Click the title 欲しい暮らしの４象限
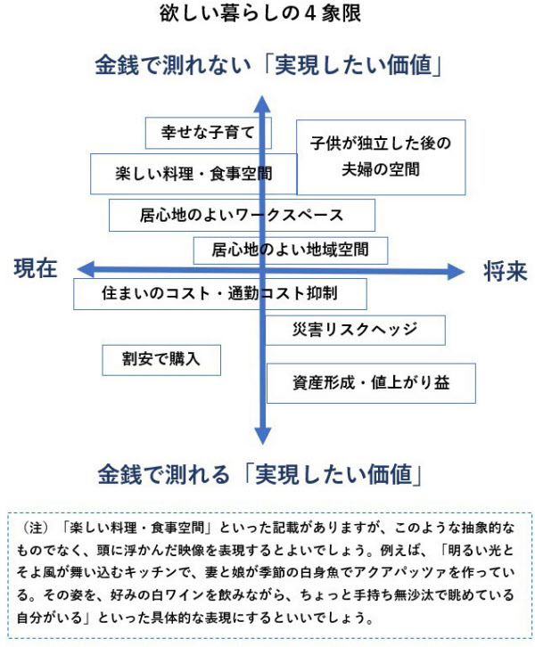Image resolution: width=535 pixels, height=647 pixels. pyautogui.click(x=260, y=13)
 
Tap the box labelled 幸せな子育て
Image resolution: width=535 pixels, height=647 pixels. pyautogui.click(x=208, y=133)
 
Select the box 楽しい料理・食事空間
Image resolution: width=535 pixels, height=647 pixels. pyautogui.click(x=193, y=174)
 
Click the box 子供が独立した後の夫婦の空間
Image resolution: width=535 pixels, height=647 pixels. pyautogui.click(x=381, y=157)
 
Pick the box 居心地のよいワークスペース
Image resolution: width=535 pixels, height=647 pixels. pyautogui.click(x=242, y=215)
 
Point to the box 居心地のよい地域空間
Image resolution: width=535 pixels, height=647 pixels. pyautogui.click(x=291, y=250)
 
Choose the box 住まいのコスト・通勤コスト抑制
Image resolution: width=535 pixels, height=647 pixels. pyautogui.click(x=220, y=294)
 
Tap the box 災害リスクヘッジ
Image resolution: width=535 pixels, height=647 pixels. pyautogui.click(x=355, y=330)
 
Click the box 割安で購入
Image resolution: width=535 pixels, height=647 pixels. pyautogui.click(x=161, y=360)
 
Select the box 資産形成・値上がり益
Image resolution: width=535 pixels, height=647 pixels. pyautogui.click(x=371, y=383)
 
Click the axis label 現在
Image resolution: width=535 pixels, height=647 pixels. pyautogui.click(x=36, y=268)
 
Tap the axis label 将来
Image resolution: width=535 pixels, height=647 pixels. pyautogui.click(x=506, y=272)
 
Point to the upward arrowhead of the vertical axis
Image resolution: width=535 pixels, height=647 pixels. pyautogui.click(x=262, y=103)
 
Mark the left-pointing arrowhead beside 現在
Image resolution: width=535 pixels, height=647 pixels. pyautogui.click(x=86, y=269)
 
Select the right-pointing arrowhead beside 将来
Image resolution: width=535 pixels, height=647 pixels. pyautogui.click(x=457, y=272)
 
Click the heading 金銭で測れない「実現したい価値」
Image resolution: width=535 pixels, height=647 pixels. pyautogui.click(x=268, y=65)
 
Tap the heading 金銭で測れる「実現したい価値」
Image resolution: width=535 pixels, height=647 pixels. pyautogui.click(x=259, y=474)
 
